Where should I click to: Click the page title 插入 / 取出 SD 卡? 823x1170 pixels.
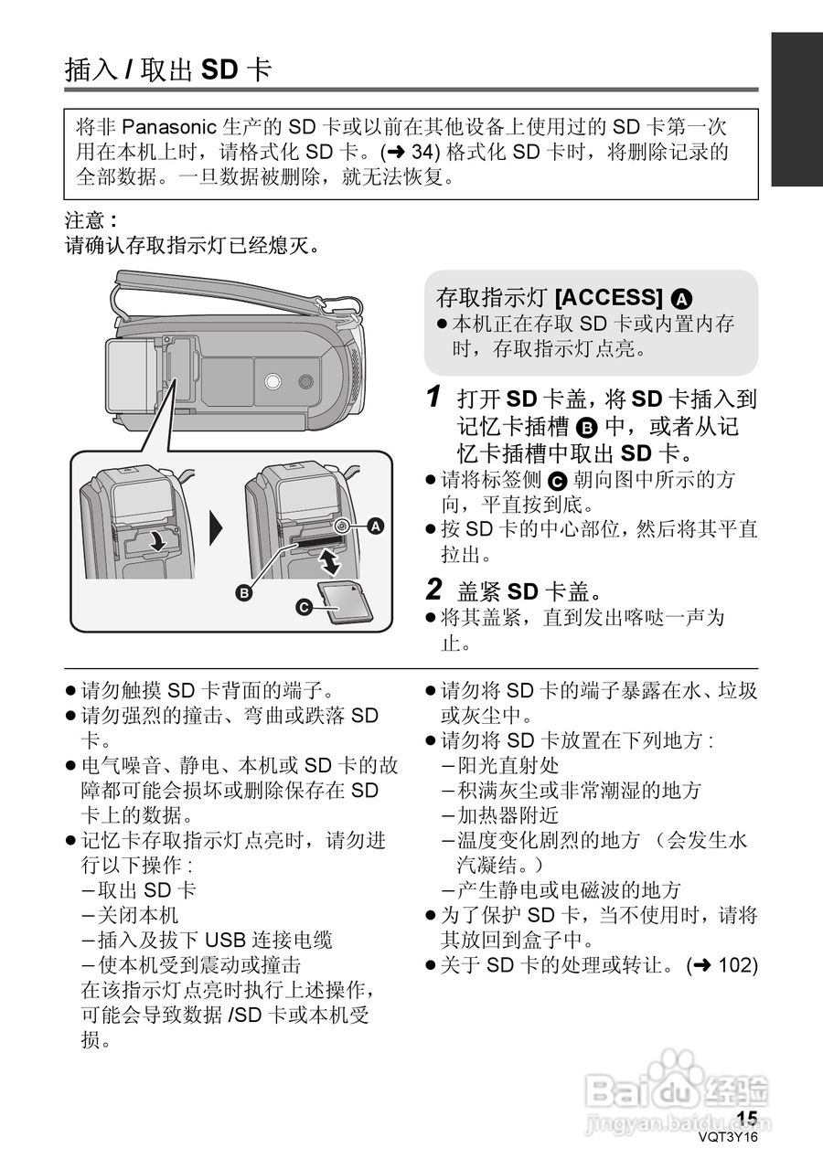coord(168,69)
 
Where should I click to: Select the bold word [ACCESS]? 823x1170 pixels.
coord(610,298)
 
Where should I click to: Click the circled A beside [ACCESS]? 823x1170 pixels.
coord(681,299)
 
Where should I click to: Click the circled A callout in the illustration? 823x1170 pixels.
coord(375,526)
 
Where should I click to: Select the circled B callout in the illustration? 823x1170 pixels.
coord(244,593)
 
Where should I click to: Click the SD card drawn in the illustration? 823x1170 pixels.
coord(342,602)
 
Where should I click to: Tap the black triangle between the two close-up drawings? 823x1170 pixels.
coord(217,527)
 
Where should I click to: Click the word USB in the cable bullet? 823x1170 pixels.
coord(224,940)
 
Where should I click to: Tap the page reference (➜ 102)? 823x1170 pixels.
coord(721,964)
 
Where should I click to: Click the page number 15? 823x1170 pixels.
coord(747,1119)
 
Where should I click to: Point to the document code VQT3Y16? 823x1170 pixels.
coord(728,1137)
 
